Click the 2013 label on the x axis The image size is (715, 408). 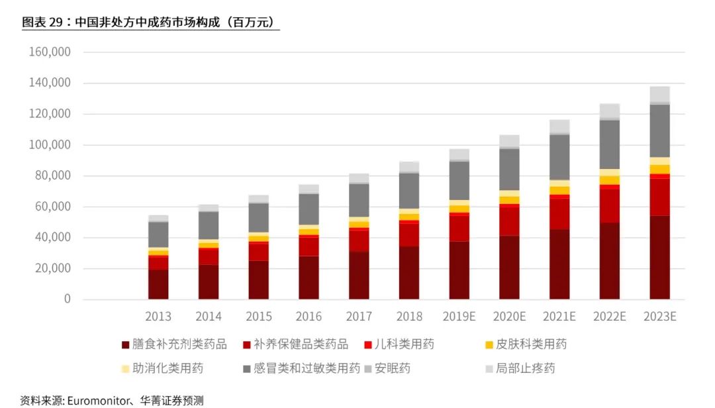(x=158, y=317)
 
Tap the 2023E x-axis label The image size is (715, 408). (x=659, y=317)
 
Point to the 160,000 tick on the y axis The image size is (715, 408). (x=50, y=52)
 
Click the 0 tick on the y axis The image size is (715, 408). (x=67, y=299)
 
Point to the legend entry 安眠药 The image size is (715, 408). (x=393, y=368)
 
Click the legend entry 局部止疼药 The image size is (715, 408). (x=525, y=368)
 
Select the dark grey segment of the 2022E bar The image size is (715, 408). (x=609, y=144)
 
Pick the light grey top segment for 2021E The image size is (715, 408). (x=559, y=127)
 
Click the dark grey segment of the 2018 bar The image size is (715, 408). (x=409, y=191)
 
